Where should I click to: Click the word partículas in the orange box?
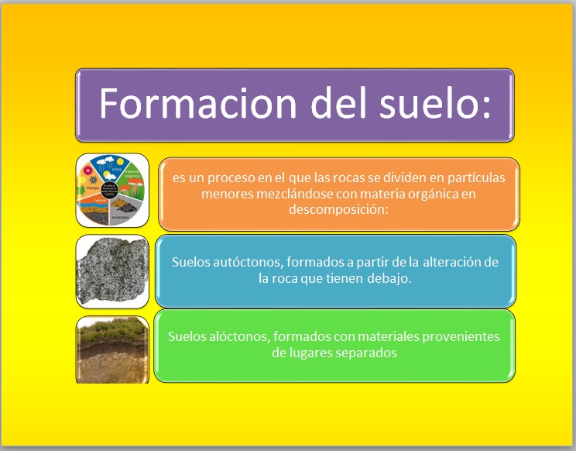[474, 177]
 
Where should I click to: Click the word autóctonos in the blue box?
[246, 262]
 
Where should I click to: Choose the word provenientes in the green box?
[463, 336]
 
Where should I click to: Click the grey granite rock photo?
[112, 270]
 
